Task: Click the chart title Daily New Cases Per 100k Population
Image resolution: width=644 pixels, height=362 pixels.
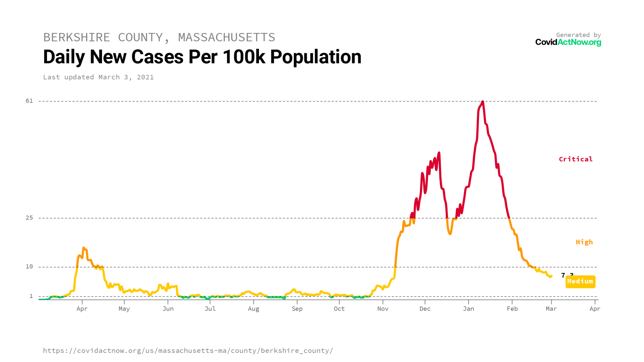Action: click(x=202, y=57)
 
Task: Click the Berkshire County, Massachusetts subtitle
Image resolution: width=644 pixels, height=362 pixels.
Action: click(x=159, y=37)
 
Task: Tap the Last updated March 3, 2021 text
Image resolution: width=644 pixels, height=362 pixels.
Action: click(x=98, y=77)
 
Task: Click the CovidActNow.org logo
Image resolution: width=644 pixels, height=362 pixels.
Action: click(x=568, y=42)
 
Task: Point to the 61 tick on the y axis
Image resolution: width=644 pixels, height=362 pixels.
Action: click(x=30, y=101)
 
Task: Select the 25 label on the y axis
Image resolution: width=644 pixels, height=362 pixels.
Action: click(x=30, y=218)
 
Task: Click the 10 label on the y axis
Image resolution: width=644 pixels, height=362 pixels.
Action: click(x=30, y=266)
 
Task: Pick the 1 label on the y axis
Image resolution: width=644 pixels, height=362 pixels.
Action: click(x=31, y=296)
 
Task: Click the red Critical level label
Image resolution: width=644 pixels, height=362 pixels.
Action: click(x=576, y=159)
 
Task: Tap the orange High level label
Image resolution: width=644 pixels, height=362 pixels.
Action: click(x=584, y=242)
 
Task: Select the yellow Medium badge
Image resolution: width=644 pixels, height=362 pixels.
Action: click(x=580, y=282)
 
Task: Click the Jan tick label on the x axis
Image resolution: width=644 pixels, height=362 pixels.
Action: click(x=469, y=309)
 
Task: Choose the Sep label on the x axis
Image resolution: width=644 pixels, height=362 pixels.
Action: click(x=297, y=309)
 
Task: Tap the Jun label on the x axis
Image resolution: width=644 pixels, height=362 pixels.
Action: click(x=168, y=309)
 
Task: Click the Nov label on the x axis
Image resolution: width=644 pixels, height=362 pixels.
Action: click(x=383, y=309)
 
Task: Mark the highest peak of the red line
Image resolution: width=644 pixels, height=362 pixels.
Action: click(x=482, y=102)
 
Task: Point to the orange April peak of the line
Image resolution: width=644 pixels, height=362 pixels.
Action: click(x=84, y=248)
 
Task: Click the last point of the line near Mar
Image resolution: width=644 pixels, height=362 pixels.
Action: click(x=551, y=276)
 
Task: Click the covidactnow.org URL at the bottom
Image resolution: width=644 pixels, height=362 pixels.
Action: click(x=188, y=351)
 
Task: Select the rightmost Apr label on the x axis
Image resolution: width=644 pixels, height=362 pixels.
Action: click(x=595, y=309)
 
